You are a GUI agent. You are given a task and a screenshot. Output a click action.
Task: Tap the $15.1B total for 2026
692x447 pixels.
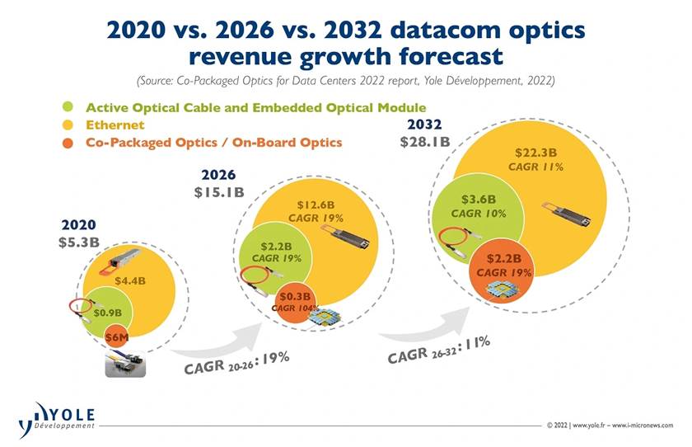(x=219, y=192)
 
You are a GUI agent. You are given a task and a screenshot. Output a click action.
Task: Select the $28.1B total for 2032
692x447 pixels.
(x=424, y=142)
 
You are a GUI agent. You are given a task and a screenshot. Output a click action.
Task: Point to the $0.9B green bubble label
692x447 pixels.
(x=108, y=313)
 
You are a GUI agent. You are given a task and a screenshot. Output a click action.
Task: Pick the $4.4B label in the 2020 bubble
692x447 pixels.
(x=130, y=280)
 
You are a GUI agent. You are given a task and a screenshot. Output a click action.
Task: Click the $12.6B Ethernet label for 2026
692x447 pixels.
(x=314, y=205)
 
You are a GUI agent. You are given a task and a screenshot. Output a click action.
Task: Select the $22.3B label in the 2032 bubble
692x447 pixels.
(x=535, y=153)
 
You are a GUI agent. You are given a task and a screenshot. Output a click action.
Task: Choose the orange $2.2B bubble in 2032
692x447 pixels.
(x=499, y=265)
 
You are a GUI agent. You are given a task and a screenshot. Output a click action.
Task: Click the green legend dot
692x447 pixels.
(x=68, y=107)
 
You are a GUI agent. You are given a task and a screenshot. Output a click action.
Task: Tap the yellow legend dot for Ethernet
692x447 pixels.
(x=68, y=125)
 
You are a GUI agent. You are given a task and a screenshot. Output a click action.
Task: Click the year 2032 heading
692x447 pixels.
(x=425, y=125)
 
